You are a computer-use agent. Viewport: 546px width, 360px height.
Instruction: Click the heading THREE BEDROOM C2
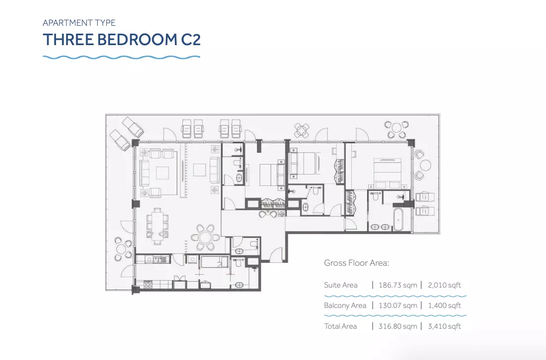point(121,39)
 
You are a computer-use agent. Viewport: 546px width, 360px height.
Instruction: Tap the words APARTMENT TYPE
point(79,23)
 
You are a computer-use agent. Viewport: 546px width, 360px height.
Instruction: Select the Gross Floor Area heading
point(356,263)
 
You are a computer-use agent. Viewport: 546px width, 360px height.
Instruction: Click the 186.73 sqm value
point(398,285)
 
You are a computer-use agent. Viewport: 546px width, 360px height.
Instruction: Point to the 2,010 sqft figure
point(444,285)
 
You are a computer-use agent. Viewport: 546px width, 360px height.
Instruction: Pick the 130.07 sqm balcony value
point(398,305)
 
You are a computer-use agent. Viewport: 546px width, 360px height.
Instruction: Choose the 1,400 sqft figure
point(444,305)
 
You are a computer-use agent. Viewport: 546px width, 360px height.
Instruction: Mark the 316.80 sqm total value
point(398,326)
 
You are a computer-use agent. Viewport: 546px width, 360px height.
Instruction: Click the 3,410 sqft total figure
point(444,326)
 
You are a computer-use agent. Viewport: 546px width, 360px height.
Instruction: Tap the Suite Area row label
point(340,285)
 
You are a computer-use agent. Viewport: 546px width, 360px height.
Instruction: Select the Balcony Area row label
point(345,305)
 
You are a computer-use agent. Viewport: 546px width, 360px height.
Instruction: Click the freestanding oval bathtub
point(398,220)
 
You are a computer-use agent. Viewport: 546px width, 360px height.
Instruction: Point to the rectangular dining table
point(158,226)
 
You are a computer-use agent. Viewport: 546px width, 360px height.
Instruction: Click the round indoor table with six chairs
point(205,238)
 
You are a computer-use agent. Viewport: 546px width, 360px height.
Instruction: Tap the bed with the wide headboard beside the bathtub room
point(387,173)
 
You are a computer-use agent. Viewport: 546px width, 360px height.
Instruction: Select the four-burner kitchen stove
point(148,285)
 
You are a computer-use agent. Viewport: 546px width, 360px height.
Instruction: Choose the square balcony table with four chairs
point(301,131)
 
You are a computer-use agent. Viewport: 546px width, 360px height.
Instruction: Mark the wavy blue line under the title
point(121,57)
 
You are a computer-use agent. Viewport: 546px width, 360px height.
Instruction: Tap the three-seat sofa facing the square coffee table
point(144,173)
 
